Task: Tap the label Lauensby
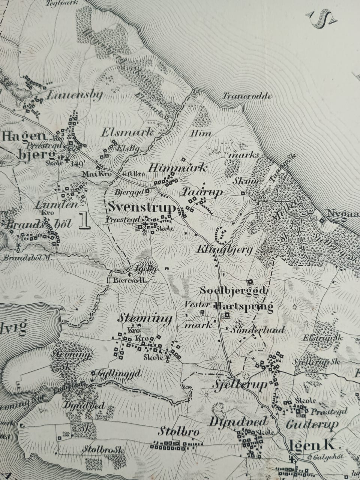coord(74,95)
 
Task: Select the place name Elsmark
coord(127,132)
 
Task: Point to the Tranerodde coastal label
coord(247,96)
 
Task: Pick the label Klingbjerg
coord(225,250)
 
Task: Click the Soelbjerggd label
coord(233,290)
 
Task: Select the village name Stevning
coord(145,319)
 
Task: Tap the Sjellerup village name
coord(240,385)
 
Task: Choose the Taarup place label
coord(202,192)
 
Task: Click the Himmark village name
coord(177,168)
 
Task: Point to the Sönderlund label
coord(257,330)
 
